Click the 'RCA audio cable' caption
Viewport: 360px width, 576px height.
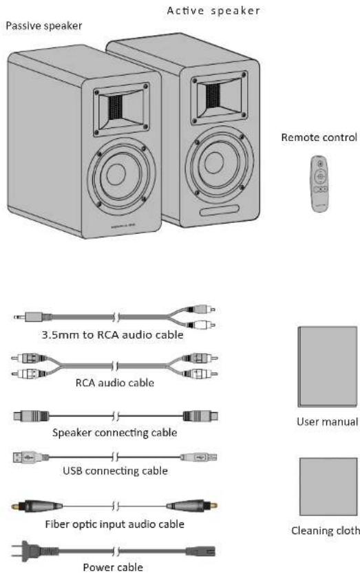point(114,383)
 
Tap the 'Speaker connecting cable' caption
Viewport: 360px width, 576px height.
point(114,433)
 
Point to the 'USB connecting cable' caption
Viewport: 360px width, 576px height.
point(114,472)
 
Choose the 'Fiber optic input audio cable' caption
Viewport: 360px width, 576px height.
point(114,524)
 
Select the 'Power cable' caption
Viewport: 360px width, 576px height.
point(114,568)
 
